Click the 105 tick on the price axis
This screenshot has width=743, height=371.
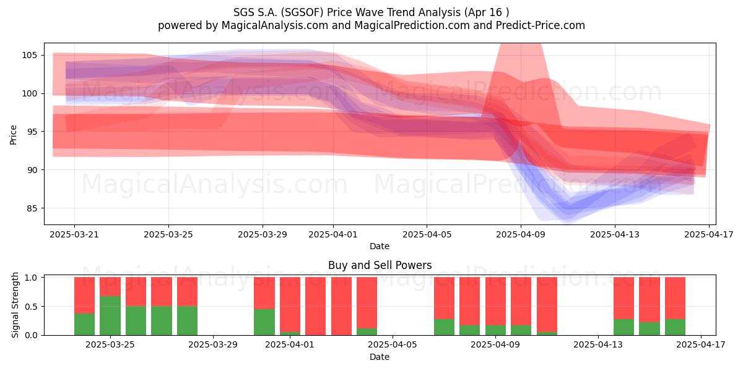click(x=29, y=55)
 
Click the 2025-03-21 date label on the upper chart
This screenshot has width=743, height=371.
click(x=74, y=234)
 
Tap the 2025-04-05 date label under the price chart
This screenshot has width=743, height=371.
click(x=427, y=234)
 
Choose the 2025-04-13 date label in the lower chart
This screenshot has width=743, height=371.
click(x=598, y=344)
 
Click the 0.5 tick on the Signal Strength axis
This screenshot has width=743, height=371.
click(x=31, y=307)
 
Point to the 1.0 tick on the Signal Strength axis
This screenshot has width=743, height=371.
click(x=31, y=278)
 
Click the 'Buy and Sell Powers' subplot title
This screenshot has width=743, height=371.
click(x=380, y=265)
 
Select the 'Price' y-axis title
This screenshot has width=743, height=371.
click(x=13, y=135)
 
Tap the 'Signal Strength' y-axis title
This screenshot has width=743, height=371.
click(x=15, y=305)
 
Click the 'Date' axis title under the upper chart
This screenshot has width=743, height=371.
click(x=380, y=246)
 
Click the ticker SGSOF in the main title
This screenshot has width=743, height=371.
click(x=302, y=12)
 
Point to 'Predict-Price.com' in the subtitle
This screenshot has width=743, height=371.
click(x=541, y=25)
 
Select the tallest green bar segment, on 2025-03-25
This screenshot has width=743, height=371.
click(x=110, y=316)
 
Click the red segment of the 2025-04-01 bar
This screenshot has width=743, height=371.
click(x=290, y=305)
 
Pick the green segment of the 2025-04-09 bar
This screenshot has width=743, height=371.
click(x=495, y=330)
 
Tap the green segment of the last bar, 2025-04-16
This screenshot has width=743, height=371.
click(x=675, y=327)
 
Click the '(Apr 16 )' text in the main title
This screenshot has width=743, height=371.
click(x=487, y=12)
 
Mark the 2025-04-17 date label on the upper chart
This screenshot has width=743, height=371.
click(x=709, y=234)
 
